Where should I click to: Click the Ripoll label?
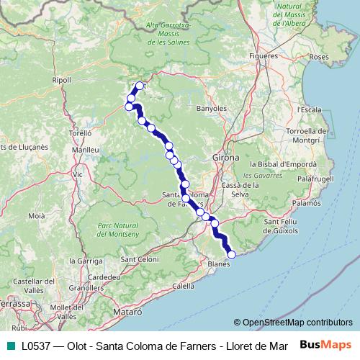(62, 80)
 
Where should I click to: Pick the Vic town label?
(78, 174)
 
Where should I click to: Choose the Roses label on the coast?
(318, 56)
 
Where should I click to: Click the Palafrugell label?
(317, 177)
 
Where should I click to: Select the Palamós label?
(307, 204)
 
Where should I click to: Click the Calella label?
(184, 286)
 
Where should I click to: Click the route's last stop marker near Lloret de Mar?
(231, 254)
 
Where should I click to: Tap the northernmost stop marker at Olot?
(140, 86)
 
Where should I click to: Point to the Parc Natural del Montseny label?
(114, 230)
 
